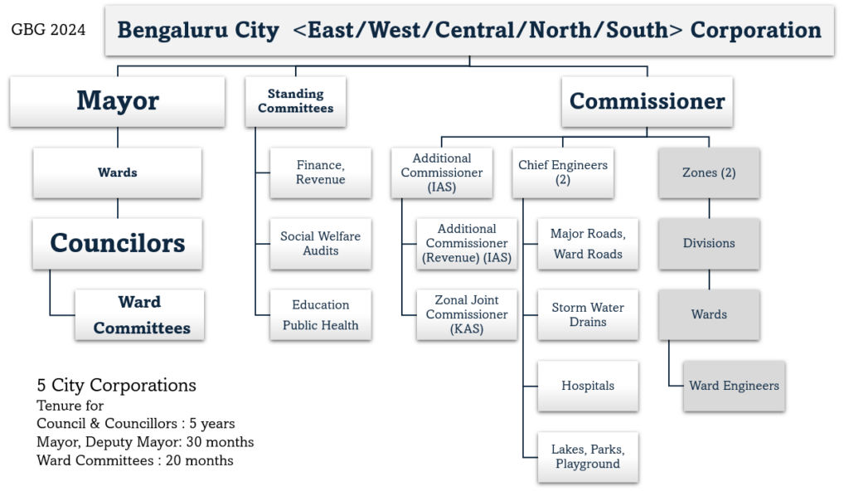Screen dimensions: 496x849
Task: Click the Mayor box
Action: click(x=117, y=101)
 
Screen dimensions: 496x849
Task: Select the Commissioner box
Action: click(x=647, y=101)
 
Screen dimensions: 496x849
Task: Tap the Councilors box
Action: click(x=117, y=243)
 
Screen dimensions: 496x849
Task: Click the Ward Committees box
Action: click(x=140, y=314)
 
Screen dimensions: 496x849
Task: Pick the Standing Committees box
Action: click(x=295, y=101)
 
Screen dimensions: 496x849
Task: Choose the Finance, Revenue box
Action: click(x=320, y=173)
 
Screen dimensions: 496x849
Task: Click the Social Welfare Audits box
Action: click(x=320, y=243)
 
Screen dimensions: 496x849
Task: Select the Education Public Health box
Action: click(x=320, y=314)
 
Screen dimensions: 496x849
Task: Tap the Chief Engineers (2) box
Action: click(x=562, y=173)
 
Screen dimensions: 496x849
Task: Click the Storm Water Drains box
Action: click(x=587, y=314)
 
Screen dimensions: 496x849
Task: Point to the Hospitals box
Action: click(x=587, y=386)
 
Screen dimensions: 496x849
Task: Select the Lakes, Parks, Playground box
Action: click(x=587, y=456)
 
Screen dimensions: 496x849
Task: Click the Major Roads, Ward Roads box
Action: click(x=587, y=243)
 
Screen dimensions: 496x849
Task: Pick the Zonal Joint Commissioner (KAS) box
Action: click(x=466, y=314)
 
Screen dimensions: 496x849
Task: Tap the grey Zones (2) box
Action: click(x=708, y=173)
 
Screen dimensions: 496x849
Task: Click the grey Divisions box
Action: click(x=708, y=243)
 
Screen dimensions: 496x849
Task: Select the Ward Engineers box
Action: click(x=733, y=386)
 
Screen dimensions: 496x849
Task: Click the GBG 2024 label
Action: click(x=48, y=30)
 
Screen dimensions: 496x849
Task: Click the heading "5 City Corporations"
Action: click(x=116, y=386)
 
